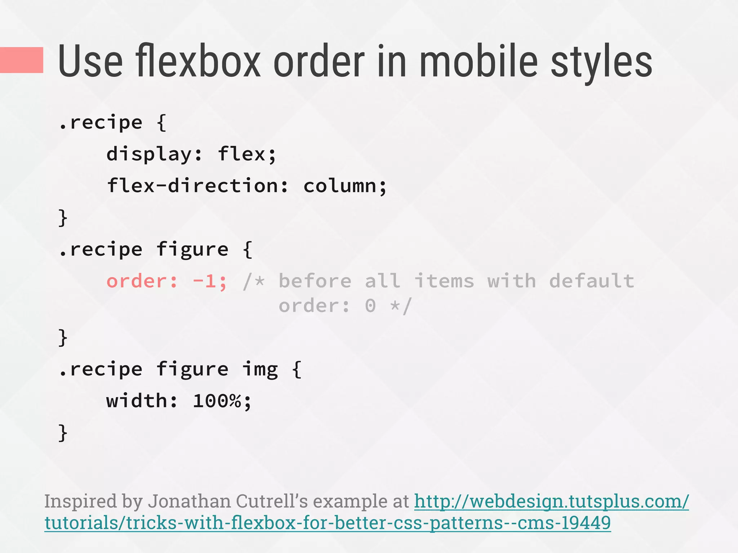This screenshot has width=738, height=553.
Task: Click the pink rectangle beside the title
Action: pos(22,60)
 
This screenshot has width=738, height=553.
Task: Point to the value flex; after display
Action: pos(247,154)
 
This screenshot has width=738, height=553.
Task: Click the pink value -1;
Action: pos(210,281)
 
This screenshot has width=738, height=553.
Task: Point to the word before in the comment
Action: pos(315,281)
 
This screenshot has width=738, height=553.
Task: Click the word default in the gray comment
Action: pos(592,281)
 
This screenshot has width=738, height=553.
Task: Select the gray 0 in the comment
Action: pos(370,306)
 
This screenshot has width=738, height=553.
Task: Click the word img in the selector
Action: pos(260,370)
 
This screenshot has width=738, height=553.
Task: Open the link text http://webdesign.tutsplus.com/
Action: pos(551,501)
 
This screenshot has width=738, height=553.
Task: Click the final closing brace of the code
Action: pos(63,433)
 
